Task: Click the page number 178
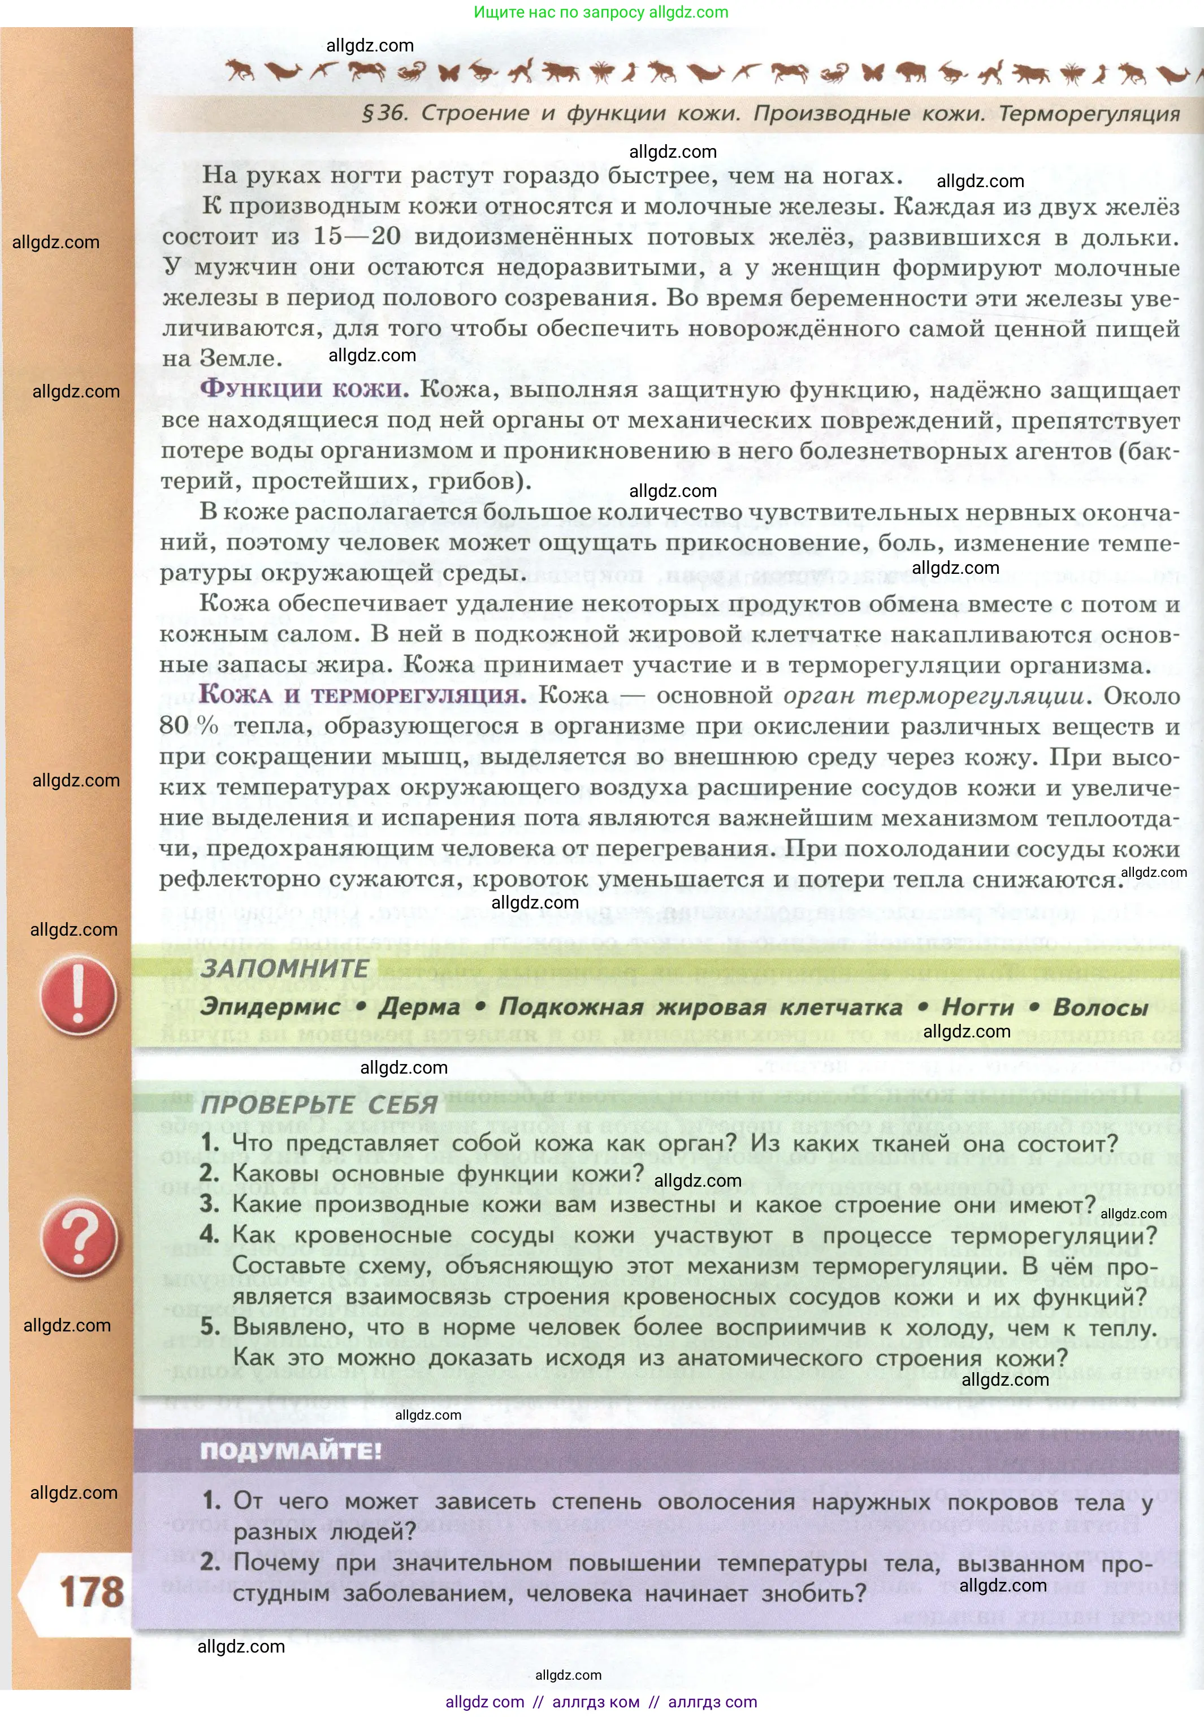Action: pos(91,1592)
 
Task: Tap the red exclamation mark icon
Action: pos(78,996)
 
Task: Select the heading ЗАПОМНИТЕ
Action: pos(284,968)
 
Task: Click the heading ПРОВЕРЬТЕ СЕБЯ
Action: pos(319,1105)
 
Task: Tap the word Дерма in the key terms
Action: pos(419,1007)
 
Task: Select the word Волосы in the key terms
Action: pos(1100,1007)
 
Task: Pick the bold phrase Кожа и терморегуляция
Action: pos(362,695)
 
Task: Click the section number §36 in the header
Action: pos(384,113)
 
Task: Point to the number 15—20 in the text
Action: pos(357,236)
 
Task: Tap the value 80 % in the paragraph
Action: pos(188,725)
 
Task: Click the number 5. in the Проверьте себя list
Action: pos(210,1327)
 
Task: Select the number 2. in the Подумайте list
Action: pos(210,1562)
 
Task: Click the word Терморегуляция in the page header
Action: pos(1089,114)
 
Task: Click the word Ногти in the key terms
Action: pos(977,1007)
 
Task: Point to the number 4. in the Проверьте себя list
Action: pos(210,1235)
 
